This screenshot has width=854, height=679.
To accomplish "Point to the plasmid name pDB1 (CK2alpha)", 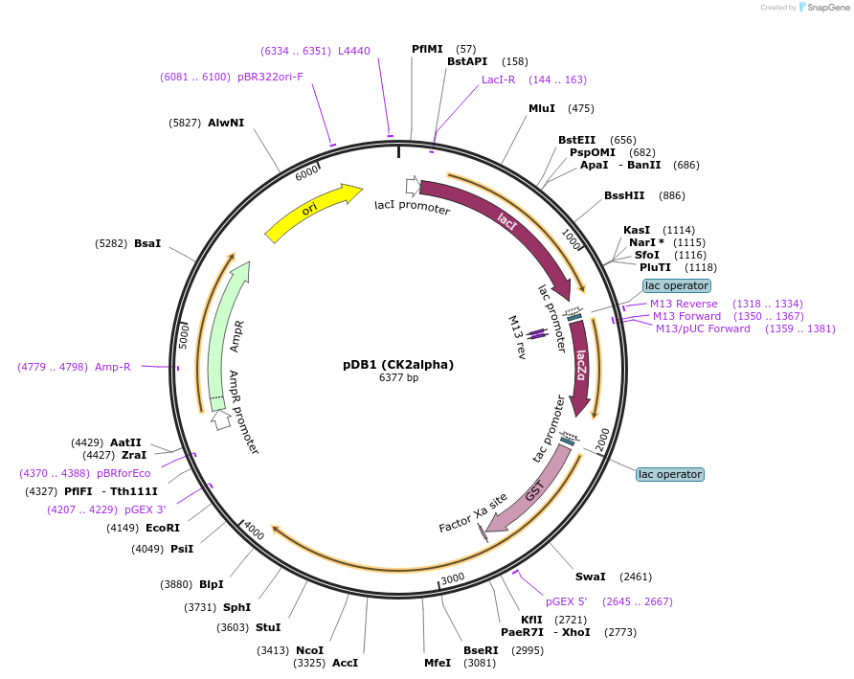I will click(x=398, y=365).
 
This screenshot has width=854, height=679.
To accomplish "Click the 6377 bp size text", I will click(x=398, y=378).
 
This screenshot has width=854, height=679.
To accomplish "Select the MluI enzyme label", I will click(x=542, y=108).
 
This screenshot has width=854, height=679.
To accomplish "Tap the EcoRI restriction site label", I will click(x=163, y=528).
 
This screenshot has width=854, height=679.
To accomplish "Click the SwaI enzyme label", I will click(x=590, y=577).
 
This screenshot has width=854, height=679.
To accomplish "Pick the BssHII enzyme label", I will click(x=624, y=195).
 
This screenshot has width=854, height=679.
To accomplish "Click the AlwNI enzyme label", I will click(x=226, y=123).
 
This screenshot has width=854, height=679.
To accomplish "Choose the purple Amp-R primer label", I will click(x=113, y=367).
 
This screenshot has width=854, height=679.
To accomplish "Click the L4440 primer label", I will click(x=354, y=51).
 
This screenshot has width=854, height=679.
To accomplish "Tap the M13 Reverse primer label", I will click(x=684, y=304).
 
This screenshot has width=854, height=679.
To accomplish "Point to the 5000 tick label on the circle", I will click(x=186, y=336).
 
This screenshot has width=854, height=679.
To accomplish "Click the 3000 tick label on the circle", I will click(x=453, y=577).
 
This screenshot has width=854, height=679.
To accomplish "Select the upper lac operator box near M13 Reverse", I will click(x=677, y=285).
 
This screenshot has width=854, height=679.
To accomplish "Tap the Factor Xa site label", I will click(x=473, y=513).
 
